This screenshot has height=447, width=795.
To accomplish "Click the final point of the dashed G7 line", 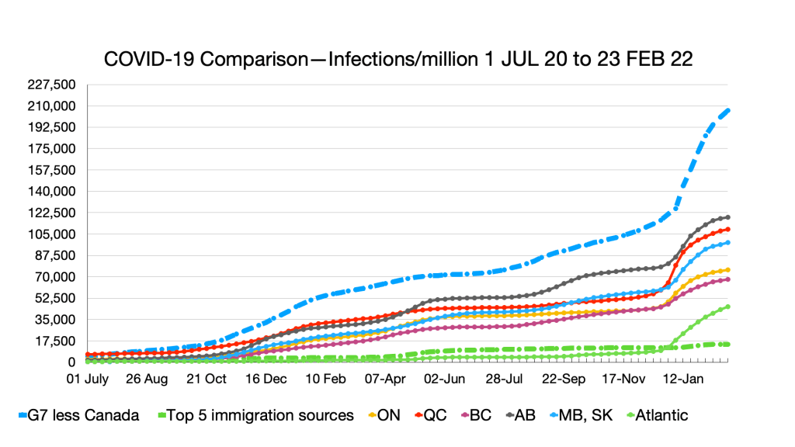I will tap(727, 111).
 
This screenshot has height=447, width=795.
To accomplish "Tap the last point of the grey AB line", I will tap(727, 217).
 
